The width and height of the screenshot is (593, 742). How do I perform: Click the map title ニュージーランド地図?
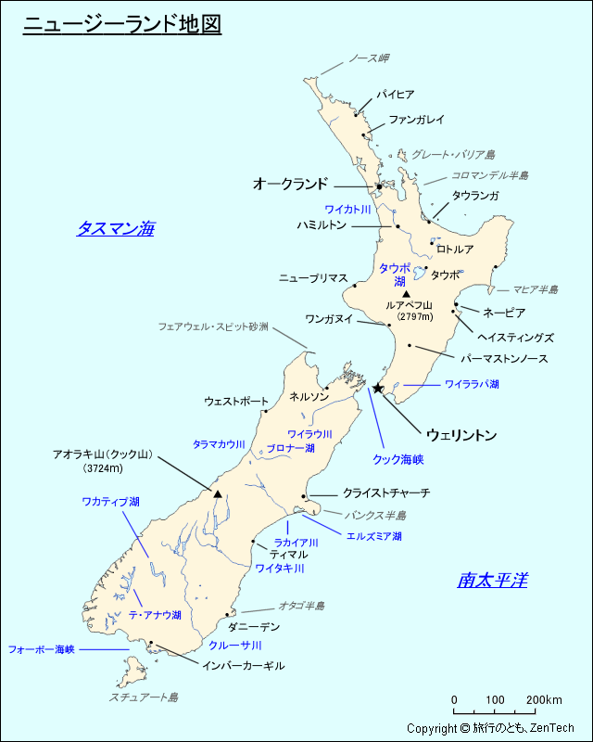click(121, 24)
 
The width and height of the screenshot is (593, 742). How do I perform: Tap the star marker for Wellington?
click(378, 388)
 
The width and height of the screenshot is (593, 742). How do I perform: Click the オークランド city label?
click(290, 185)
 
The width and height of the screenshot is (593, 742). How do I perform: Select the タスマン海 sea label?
click(115, 228)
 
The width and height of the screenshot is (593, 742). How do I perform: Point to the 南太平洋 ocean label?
click(492, 581)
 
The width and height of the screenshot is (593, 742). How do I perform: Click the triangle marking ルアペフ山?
click(406, 294)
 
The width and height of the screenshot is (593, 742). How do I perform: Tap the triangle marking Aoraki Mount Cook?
click(218, 494)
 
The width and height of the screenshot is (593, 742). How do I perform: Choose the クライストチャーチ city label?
click(385, 493)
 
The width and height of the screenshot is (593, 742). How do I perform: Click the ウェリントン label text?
click(461, 434)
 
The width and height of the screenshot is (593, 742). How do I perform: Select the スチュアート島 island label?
click(144, 697)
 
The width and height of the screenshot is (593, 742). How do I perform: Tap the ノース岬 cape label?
click(368, 58)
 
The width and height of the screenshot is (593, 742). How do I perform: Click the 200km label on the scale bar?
click(545, 699)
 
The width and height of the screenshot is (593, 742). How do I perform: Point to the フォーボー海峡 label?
click(41, 649)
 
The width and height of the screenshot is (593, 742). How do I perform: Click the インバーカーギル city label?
click(243, 666)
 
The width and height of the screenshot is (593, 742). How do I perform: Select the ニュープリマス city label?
click(313, 278)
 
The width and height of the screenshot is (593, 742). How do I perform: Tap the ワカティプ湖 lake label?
click(110, 502)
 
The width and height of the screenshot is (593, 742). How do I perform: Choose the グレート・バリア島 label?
click(453, 154)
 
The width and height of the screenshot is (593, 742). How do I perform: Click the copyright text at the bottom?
click(491, 729)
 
